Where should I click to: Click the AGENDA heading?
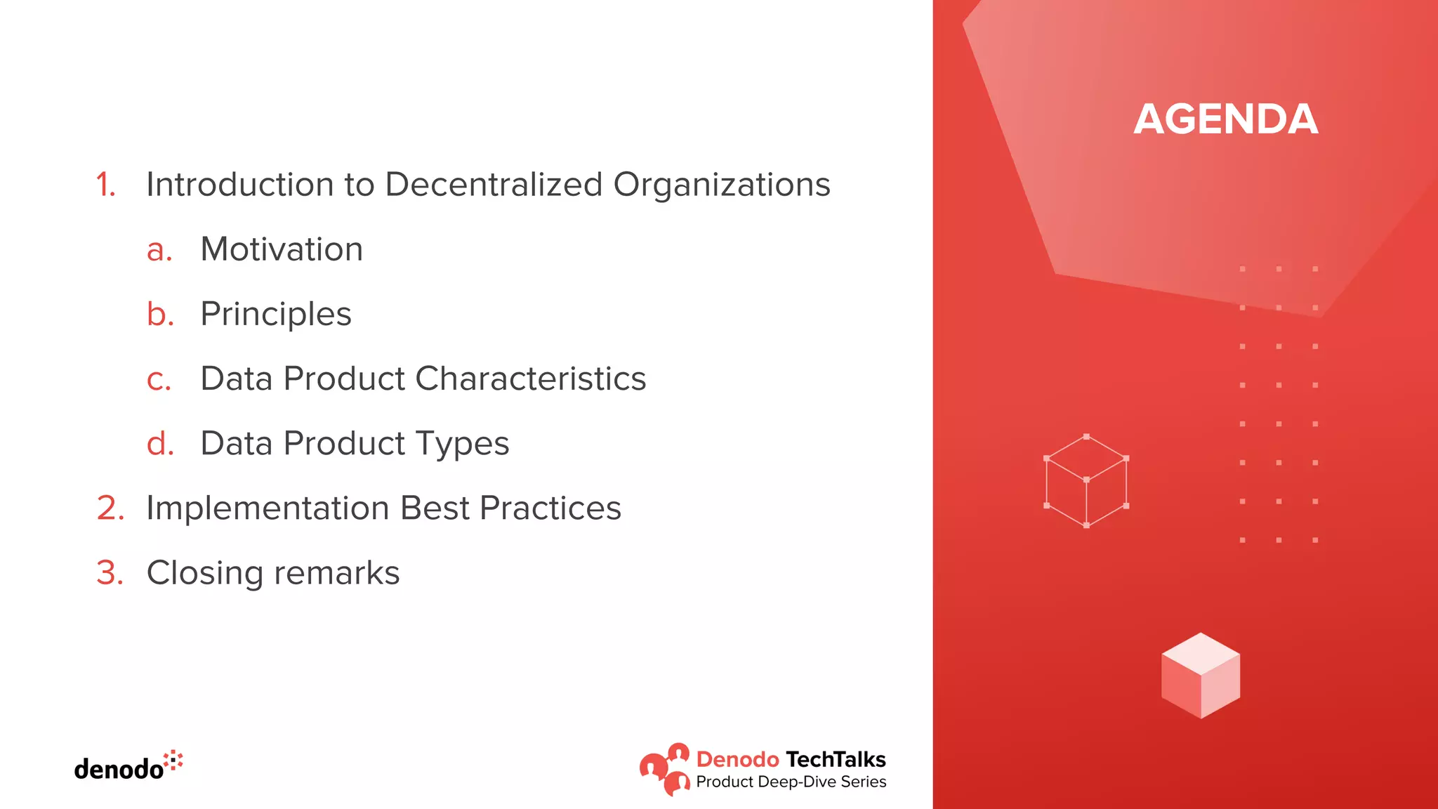point(1225,119)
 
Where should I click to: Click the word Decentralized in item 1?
point(494,185)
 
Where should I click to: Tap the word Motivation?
point(282,249)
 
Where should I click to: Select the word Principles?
point(275,314)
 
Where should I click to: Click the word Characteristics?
point(530,379)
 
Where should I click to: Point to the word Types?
point(462,443)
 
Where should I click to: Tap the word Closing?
point(204,573)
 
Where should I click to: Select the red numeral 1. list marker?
point(105,185)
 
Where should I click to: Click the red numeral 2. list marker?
point(110,508)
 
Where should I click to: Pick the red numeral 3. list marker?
point(110,573)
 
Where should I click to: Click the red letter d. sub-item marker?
point(160,443)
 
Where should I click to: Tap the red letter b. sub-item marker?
point(160,314)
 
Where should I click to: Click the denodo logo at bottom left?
point(128,767)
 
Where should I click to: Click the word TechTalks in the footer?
point(836,759)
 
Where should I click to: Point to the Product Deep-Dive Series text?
point(791,782)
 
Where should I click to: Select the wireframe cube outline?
point(1086,481)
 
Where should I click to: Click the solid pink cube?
point(1200,676)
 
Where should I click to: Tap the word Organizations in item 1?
point(721,185)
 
